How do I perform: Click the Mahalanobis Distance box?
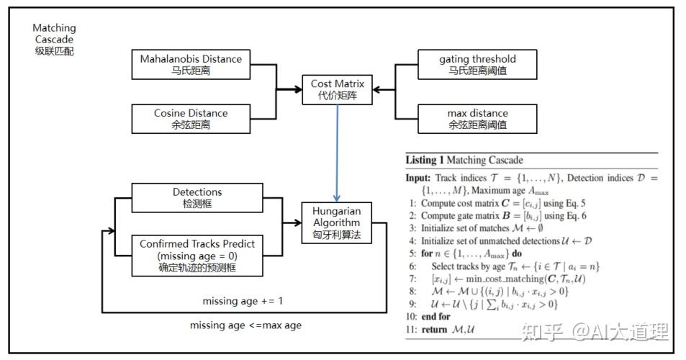coord(191,64)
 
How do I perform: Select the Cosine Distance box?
coord(191,118)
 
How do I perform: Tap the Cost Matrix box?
coord(338,90)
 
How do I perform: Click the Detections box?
coord(197,197)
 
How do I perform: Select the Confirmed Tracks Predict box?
coord(197,254)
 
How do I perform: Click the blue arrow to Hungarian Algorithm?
coord(337,152)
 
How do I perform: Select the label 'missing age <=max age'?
coord(245,325)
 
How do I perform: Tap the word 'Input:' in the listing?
coord(418,177)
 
